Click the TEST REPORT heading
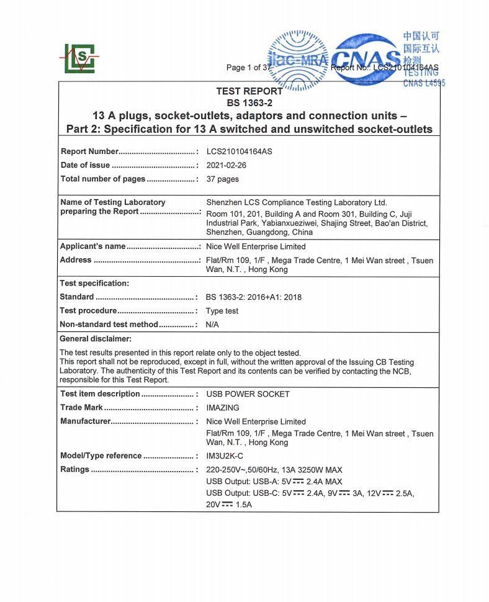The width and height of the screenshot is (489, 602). (x=249, y=91)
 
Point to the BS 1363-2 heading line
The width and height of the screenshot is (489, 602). (x=249, y=103)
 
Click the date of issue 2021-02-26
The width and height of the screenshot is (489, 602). (x=226, y=166)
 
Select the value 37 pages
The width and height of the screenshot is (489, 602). (x=222, y=179)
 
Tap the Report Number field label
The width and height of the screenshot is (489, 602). (x=89, y=151)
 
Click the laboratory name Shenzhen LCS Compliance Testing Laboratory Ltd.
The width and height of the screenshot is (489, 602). (x=296, y=202)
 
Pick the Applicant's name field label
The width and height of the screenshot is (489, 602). (x=92, y=246)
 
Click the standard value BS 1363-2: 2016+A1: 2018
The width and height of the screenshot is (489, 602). (x=253, y=297)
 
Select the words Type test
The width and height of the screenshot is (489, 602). (x=222, y=311)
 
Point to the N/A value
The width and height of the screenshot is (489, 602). (x=212, y=325)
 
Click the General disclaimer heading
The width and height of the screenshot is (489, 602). (x=96, y=339)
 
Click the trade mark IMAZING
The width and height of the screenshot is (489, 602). (x=222, y=408)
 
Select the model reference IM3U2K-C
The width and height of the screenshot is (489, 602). (x=224, y=456)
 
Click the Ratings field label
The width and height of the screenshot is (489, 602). (x=74, y=470)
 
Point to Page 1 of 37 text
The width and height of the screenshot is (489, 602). (x=248, y=68)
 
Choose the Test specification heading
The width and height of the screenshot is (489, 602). (x=94, y=284)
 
